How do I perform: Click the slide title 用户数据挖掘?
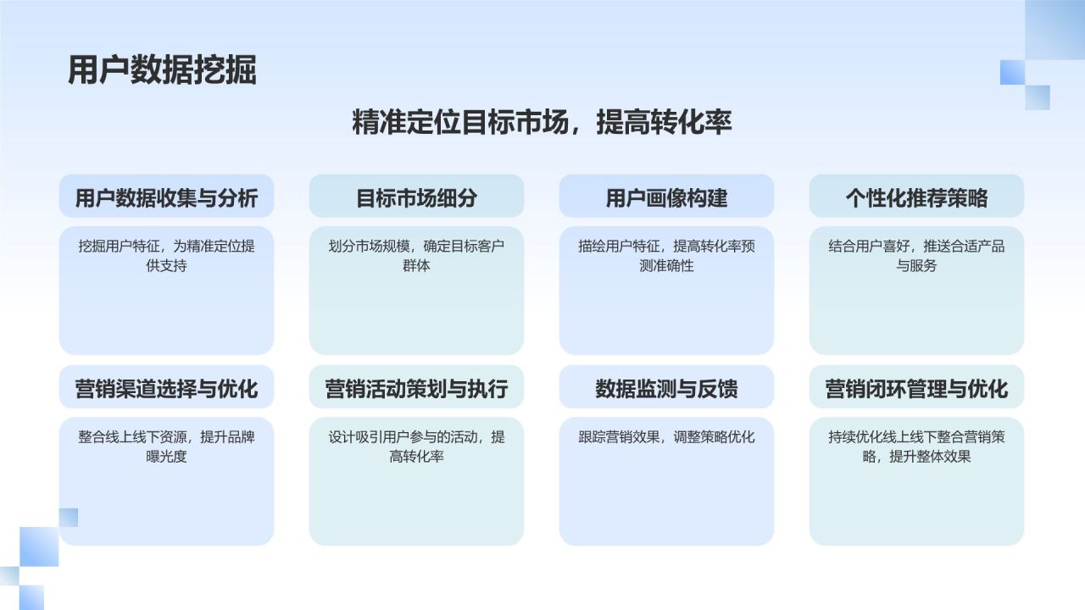[162, 70]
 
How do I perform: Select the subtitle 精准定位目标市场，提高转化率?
[542, 123]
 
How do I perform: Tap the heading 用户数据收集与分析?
[166, 198]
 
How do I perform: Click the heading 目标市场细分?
[416, 198]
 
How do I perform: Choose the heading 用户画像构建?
[666, 198]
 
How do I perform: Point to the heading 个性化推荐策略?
[916, 198]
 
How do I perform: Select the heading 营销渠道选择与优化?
[166, 389]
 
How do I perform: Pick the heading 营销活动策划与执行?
[416, 389]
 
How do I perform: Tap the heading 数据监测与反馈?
[666, 389]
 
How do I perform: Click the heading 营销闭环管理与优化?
[916, 389]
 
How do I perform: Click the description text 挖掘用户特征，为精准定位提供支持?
[166, 256]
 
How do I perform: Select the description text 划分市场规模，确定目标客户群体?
[416, 256]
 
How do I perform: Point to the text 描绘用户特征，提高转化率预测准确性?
[666, 256]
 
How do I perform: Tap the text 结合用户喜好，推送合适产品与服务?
[916, 256]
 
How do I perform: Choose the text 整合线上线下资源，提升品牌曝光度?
[166, 446]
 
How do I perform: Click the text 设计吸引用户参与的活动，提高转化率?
[416, 446]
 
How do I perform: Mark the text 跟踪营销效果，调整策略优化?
[666, 437]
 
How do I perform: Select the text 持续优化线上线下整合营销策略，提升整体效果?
[916, 446]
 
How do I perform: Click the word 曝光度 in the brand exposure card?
[166, 457]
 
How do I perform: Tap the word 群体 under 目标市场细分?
[416, 266]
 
